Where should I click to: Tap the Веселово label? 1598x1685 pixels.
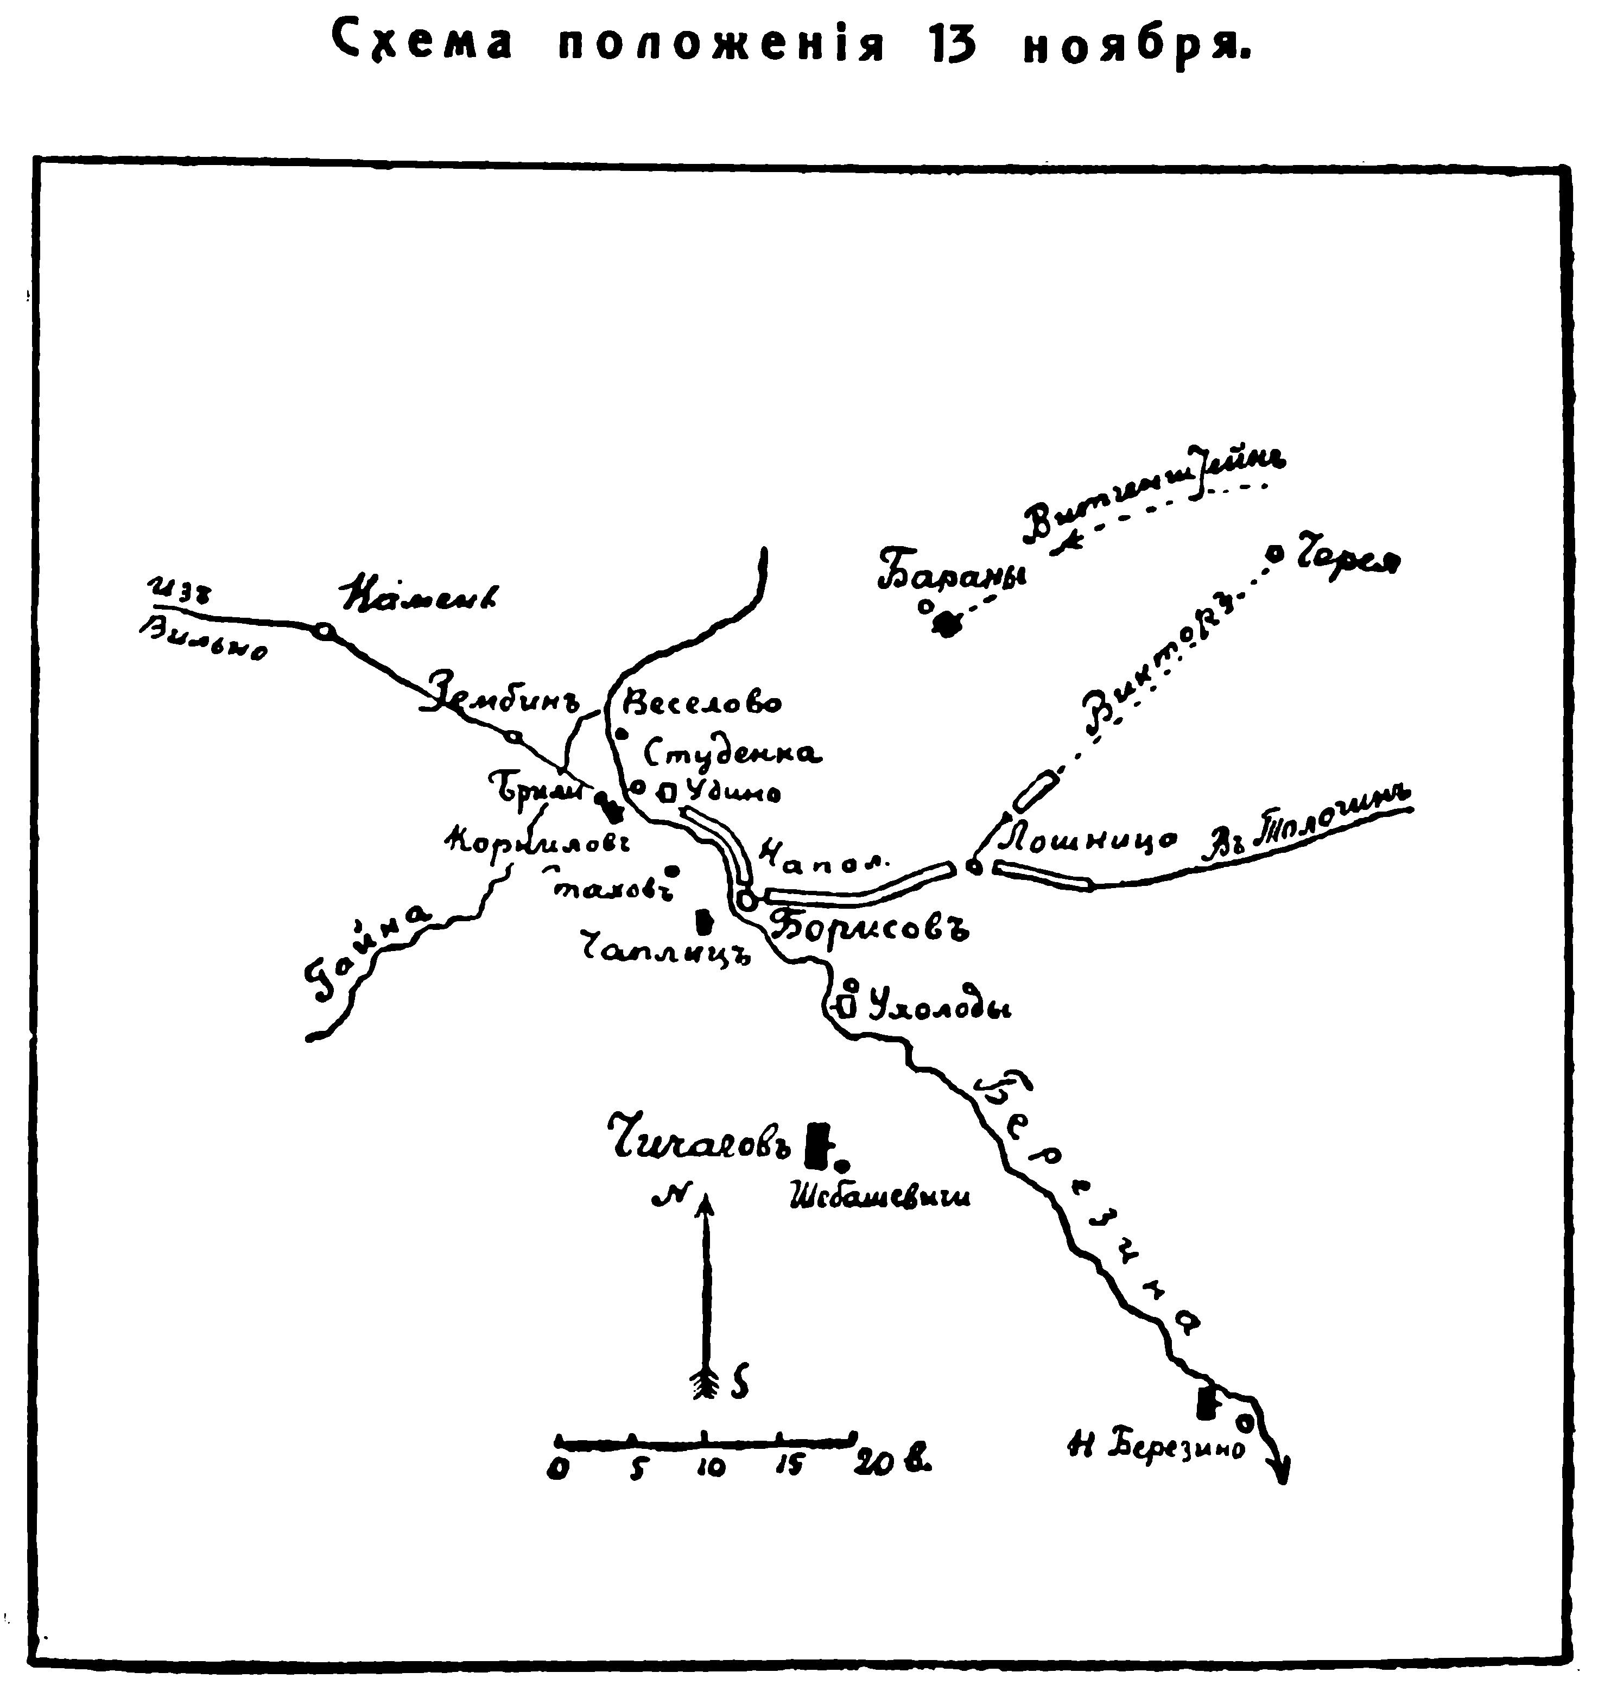[703, 704]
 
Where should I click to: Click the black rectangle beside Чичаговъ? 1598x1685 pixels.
[819, 1144]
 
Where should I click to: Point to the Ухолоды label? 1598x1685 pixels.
[937, 1009]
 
